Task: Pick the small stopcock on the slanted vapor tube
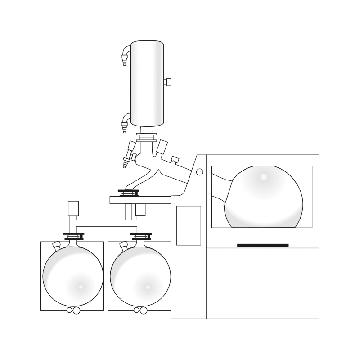coord(175,159)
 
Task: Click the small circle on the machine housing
coord(200,172)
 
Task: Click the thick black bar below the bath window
coord(263,245)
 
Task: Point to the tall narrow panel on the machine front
coord(189,225)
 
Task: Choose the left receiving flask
coord(73,276)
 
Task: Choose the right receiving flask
coord(140,276)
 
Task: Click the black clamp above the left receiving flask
coord(73,236)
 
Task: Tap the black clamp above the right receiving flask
coord(140,236)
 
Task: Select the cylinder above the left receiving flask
coord(72,208)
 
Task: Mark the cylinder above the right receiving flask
coord(140,210)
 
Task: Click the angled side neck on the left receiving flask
coord(56,245)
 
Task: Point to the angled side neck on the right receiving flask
coord(124,245)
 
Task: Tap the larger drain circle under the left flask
coord(76,310)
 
